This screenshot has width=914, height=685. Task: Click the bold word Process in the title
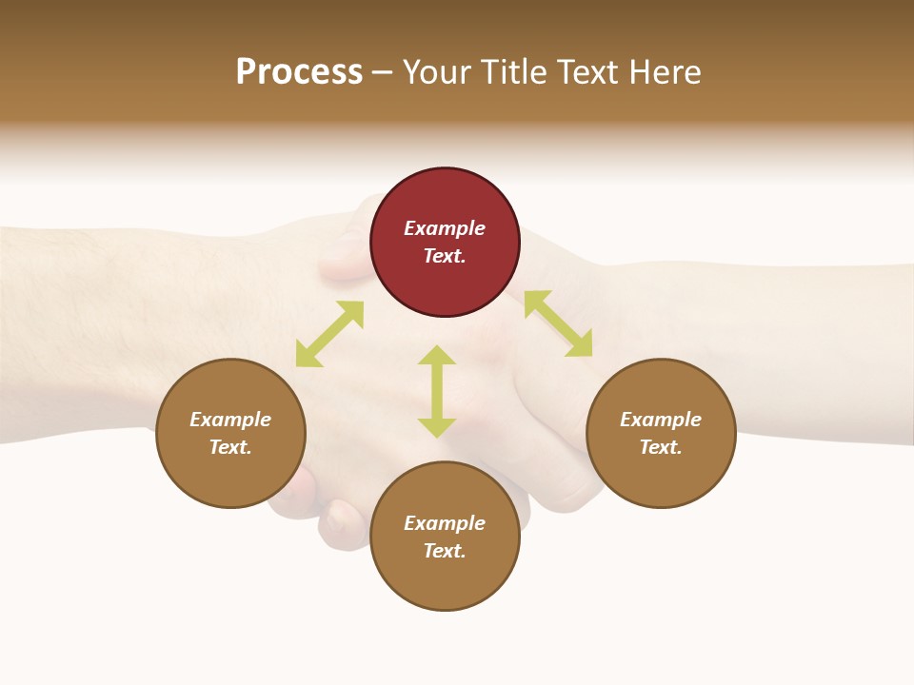coord(299,72)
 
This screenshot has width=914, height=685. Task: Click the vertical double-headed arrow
coord(437,391)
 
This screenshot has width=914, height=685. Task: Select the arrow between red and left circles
coord(329,334)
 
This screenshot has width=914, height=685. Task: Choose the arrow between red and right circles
coord(558,323)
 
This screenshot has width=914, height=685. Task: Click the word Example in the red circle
coord(445,228)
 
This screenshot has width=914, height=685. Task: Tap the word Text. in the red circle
coord(445,256)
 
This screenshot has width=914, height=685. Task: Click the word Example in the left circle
coord(230,420)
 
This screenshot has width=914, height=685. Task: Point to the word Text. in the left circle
coord(230,447)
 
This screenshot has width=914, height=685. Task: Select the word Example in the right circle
coord(661,420)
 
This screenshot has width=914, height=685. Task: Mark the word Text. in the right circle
coord(661,447)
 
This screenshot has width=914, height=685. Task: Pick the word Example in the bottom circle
coord(445,523)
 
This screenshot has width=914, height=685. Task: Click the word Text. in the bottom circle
coord(445,551)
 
